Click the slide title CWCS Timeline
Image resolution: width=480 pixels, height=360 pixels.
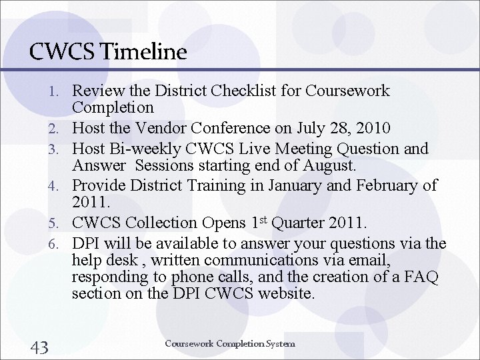[x=108, y=52]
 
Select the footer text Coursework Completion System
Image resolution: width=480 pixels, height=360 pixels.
[x=230, y=344]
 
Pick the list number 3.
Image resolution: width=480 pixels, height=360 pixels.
[x=60, y=149]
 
